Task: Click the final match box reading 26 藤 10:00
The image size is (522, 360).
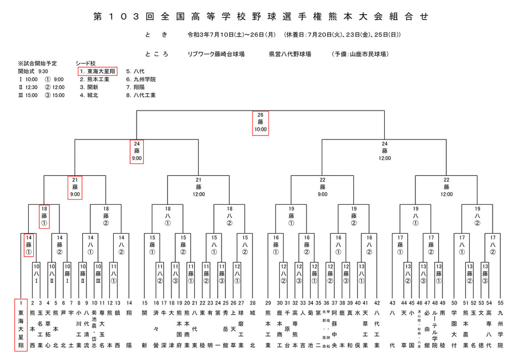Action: click(260, 123)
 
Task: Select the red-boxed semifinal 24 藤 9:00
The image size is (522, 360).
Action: click(136, 151)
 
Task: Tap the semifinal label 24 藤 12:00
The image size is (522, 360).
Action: click(384, 151)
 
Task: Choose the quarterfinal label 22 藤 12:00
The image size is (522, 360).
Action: click(446, 187)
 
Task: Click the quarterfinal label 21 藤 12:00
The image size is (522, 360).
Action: click(198, 187)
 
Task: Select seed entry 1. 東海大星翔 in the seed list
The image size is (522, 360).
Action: click(97, 71)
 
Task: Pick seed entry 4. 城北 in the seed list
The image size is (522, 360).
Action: click(89, 95)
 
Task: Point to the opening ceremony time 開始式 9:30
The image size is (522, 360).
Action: click(33, 71)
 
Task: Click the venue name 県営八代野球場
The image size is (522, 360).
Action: click(290, 54)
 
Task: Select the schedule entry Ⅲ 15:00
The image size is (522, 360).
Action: click(28, 95)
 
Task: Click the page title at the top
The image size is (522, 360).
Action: click(261, 17)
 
